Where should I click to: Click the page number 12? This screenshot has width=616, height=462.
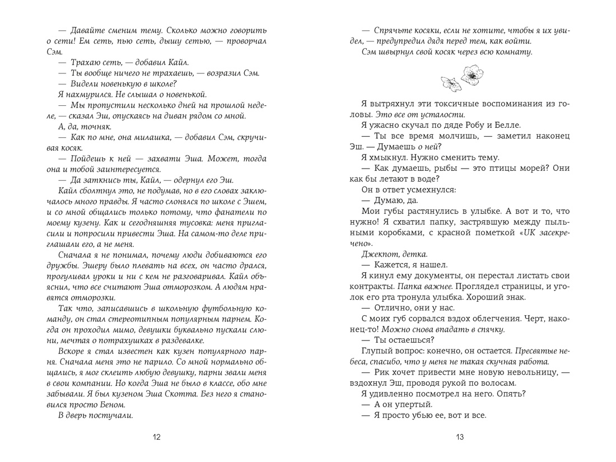(x=157, y=437)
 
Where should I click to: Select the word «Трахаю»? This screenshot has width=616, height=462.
(x=85, y=63)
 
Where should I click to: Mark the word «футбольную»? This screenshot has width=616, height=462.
(x=217, y=309)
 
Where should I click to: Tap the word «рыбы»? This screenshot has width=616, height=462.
(x=432, y=168)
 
